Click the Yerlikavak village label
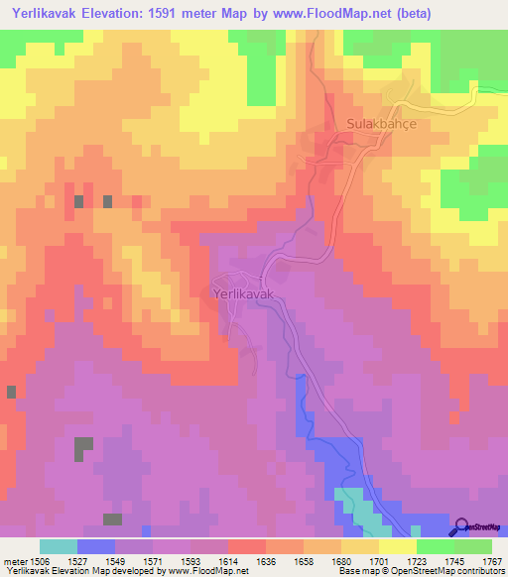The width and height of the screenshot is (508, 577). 243,294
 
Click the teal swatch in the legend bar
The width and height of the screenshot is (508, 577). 59,546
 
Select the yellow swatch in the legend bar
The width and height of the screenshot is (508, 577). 398,546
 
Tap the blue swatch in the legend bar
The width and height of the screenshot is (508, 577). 96,546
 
